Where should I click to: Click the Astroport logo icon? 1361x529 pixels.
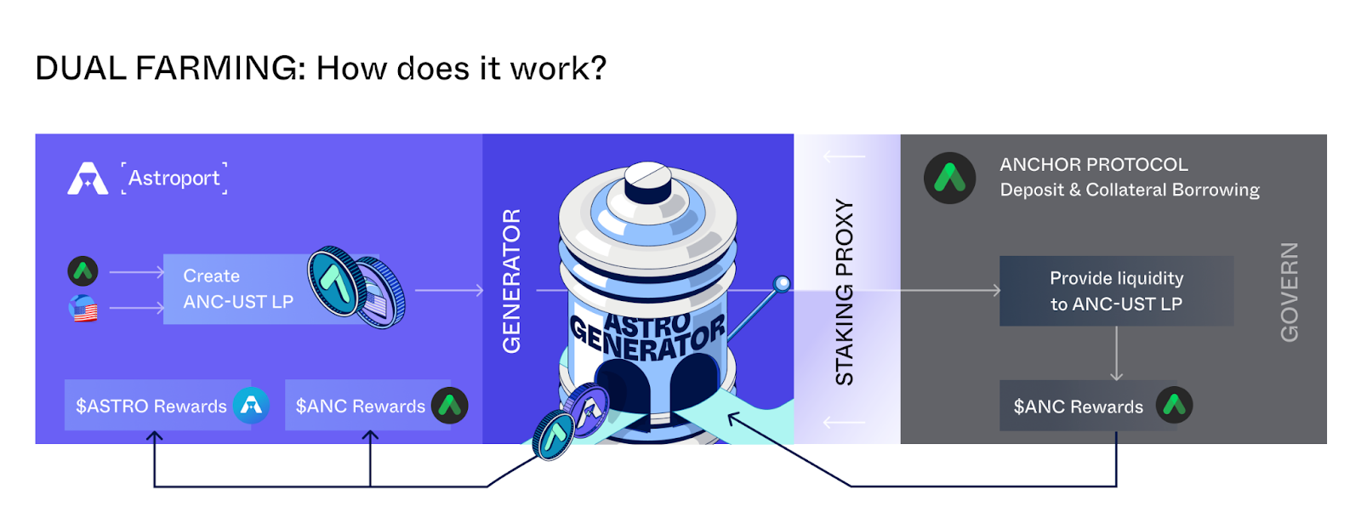click(x=88, y=179)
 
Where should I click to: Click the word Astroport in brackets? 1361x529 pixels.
click(x=174, y=179)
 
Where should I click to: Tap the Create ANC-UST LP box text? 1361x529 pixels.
click(x=237, y=289)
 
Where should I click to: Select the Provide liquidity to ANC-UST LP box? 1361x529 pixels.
click(x=1116, y=291)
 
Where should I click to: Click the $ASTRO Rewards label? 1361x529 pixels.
click(x=151, y=407)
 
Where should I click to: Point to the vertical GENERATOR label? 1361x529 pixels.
click(x=511, y=281)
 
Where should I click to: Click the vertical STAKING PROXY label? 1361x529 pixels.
click(x=844, y=292)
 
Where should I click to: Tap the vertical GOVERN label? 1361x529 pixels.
click(x=1290, y=292)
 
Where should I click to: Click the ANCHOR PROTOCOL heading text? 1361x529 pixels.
click(x=1094, y=164)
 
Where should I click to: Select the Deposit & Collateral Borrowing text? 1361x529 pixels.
click(x=1130, y=190)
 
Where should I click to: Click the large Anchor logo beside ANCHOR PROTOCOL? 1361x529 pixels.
click(x=949, y=178)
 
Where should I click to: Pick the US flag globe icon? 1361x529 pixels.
click(x=83, y=308)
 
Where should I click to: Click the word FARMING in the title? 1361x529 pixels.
click(x=217, y=68)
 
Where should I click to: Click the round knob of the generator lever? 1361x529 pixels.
click(x=782, y=283)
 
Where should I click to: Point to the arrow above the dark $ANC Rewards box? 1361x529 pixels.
click(x=1116, y=353)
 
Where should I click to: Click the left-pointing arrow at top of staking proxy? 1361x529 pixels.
click(x=845, y=156)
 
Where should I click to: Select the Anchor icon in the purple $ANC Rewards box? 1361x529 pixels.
click(x=449, y=406)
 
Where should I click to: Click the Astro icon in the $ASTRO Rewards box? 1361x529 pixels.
click(x=251, y=406)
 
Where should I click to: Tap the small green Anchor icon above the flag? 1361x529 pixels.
click(x=83, y=271)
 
